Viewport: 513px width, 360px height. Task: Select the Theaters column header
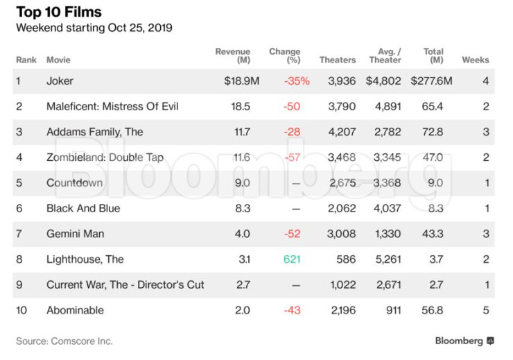[338, 60]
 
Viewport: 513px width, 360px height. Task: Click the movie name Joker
[60, 81]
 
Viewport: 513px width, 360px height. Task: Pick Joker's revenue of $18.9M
[241, 81]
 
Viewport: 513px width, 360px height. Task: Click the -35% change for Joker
[297, 81]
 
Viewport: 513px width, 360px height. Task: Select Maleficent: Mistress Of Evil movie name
[112, 106]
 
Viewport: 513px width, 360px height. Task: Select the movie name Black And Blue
[83, 208]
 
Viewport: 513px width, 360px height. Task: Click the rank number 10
[21, 310]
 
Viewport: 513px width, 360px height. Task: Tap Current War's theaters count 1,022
[342, 284]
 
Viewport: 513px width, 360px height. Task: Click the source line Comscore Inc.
[64, 341]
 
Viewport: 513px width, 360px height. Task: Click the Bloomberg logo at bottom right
[464, 341]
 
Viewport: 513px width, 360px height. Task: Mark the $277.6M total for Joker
[431, 81]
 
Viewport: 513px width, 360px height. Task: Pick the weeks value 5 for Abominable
[486, 310]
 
